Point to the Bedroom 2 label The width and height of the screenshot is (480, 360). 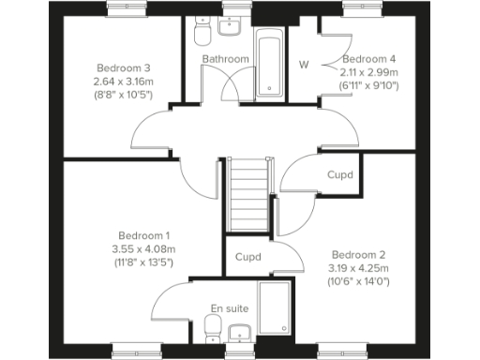coord(358,254)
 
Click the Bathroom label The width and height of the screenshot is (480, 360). coord(226,59)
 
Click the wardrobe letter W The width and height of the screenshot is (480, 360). coord(304,65)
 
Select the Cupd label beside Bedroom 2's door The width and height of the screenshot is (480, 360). coord(339,174)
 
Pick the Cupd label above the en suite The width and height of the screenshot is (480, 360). coord(247,257)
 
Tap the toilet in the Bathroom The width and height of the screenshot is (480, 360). coord(199,35)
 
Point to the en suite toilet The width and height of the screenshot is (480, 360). coord(213,328)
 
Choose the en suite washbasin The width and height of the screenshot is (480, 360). coord(238,332)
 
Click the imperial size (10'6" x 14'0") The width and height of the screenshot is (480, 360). coord(358,280)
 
